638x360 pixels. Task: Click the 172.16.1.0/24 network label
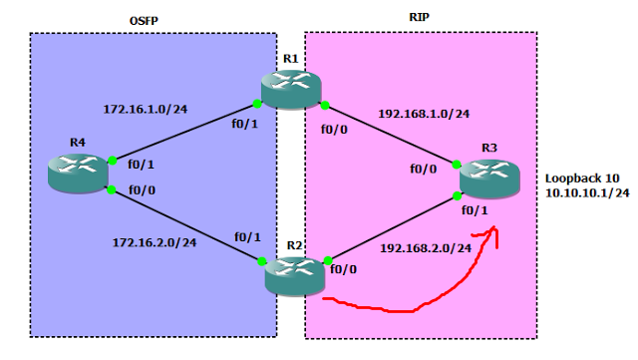pyautogui.click(x=146, y=108)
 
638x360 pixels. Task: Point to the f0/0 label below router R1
pyautogui.click(x=334, y=129)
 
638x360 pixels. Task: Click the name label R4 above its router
pyautogui.click(x=78, y=143)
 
